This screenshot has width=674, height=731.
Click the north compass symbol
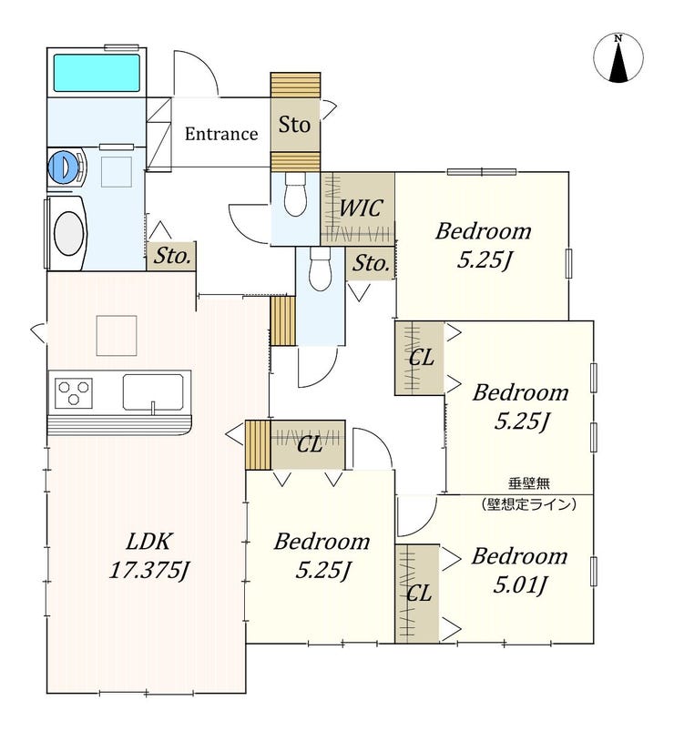pyautogui.click(x=618, y=58)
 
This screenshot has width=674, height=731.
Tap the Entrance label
pyautogui.click(x=221, y=134)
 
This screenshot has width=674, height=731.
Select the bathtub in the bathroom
pyautogui.click(x=96, y=73)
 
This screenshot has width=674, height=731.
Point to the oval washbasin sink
pyautogui.click(x=67, y=232)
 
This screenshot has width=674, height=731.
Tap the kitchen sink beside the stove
pyautogui.click(x=153, y=392)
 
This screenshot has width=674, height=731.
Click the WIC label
pyautogui.click(x=360, y=208)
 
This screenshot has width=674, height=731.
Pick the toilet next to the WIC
pyautogui.click(x=294, y=195)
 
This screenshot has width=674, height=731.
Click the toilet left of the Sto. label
pyautogui.click(x=319, y=269)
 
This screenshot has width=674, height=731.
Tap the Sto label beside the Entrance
pyautogui.click(x=294, y=125)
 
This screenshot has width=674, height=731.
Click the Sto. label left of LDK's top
pyautogui.click(x=172, y=256)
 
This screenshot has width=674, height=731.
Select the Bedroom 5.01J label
pyautogui.click(x=519, y=570)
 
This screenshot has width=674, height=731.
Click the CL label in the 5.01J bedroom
pyautogui.click(x=418, y=593)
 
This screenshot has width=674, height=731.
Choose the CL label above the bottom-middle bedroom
pyautogui.click(x=310, y=445)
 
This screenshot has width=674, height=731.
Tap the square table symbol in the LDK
pyautogui.click(x=116, y=335)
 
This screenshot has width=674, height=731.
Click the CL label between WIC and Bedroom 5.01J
pyautogui.click(x=420, y=357)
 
